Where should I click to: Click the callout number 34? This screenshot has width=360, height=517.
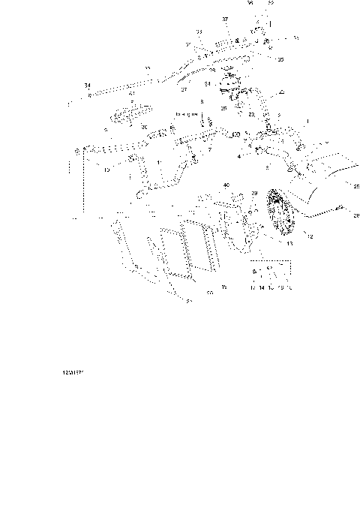(88, 86)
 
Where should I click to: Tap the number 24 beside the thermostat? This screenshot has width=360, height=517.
(208, 84)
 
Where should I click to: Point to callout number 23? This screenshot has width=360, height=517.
(251, 114)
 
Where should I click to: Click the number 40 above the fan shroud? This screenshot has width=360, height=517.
(226, 184)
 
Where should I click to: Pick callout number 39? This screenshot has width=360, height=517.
(254, 194)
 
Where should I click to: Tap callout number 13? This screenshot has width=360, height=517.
(289, 244)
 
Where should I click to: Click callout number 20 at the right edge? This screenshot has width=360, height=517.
(356, 215)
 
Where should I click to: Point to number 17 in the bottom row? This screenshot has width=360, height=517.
(253, 287)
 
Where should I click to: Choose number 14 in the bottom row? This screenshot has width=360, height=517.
(262, 287)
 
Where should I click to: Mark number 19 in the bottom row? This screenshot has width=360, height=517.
(280, 287)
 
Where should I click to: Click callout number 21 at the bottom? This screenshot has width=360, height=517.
(189, 301)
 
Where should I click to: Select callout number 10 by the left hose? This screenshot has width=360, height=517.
(106, 170)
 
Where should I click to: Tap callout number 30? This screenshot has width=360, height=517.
(144, 128)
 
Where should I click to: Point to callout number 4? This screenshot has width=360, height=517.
(239, 156)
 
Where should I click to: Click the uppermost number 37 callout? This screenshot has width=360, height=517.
(225, 17)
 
